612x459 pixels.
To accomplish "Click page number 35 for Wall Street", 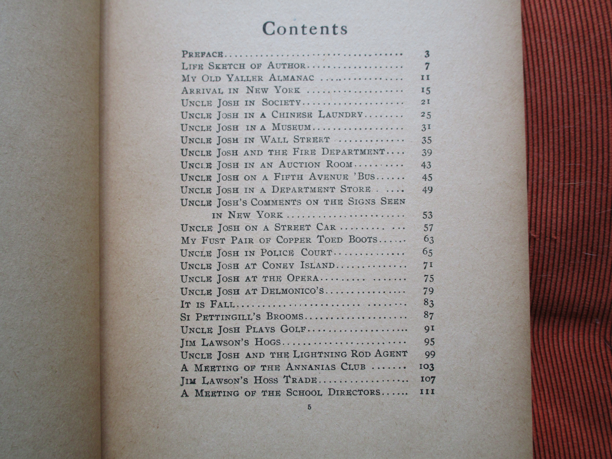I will [x=426, y=140].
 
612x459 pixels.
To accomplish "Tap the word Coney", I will [x=278, y=266].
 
